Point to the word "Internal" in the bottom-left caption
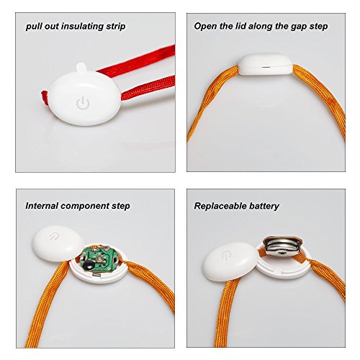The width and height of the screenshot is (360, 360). pyautogui.click(x=42, y=206)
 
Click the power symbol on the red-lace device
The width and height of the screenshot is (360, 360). pyautogui.click(x=83, y=103)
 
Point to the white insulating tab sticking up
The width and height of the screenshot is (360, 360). pyautogui.click(x=81, y=67)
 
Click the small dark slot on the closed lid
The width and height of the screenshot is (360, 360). pyautogui.click(x=265, y=67)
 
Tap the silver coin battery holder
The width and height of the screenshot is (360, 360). pyautogui.click(x=282, y=246)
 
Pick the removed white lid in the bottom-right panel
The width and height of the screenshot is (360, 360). pyautogui.click(x=228, y=261)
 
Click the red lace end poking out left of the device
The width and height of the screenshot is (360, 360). pyautogui.click(x=45, y=98)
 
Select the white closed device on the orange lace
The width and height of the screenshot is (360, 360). pyautogui.click(x=265, y=64)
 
